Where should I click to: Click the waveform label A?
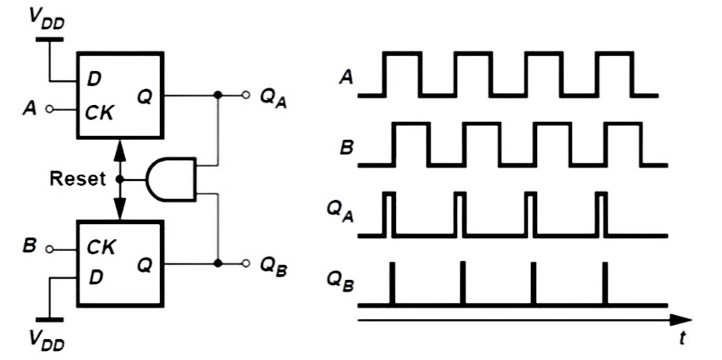pyautogui.click(x=345, y=78)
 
